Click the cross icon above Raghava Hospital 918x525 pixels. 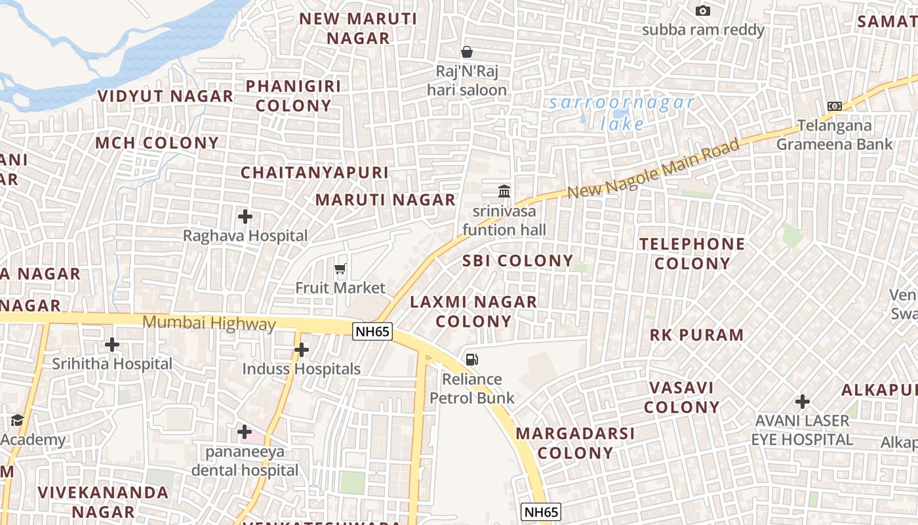(x=245, y=216)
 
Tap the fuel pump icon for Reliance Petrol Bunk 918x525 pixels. (x=471, y=359)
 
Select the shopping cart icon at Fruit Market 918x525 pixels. (x=340, y=268)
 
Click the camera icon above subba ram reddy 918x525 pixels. (x=703, y=10)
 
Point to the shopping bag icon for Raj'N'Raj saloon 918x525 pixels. (x=467, y=51)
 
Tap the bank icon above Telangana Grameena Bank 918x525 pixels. (x=834, y=106)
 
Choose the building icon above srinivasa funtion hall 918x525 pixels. (x=504, y=191)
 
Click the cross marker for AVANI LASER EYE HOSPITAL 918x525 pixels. (x=802, y=401)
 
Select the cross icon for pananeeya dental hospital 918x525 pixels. (x=245, y=431)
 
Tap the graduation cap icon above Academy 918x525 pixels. (x=17, y=420)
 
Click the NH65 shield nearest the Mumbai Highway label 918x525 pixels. (x=372, y=331)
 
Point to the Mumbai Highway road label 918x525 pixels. (x=209, y=323)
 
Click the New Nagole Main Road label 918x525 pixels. (x=654, y=169)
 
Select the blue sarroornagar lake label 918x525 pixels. (x=622, y=112)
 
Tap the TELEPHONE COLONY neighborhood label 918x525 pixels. (x=692, y=253)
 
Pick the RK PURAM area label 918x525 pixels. (x=697, y=335)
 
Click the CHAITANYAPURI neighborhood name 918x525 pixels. (x=315, y=173)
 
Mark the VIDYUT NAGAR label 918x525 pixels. (x=165, y=96)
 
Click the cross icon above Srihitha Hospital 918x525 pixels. (x=112, y=344)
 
